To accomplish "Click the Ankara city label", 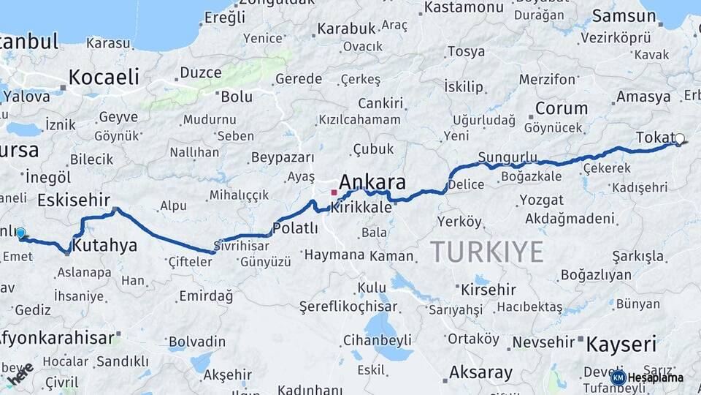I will tap(372, 182).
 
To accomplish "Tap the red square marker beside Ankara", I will tap(334, 192).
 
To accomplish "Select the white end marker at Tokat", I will tap(680, 138).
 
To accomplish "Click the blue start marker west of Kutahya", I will tap(21, 233).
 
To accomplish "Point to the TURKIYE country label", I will tap(486, 252).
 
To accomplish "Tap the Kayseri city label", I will tap(621, 344).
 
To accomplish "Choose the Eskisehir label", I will tap(73, 200).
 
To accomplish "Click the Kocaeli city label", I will tap(104, 77).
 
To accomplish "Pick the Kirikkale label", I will tap(362, 208).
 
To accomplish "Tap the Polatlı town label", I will tap(295, 227).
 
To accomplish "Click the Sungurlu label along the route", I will tap(507, 157).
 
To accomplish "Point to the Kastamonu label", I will tap(464, 7).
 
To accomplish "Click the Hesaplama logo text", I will tap(656, 377).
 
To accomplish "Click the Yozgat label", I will tap(541, 200).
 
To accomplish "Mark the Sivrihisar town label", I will tap(242, 246).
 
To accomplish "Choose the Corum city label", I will tap(561, 108).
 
